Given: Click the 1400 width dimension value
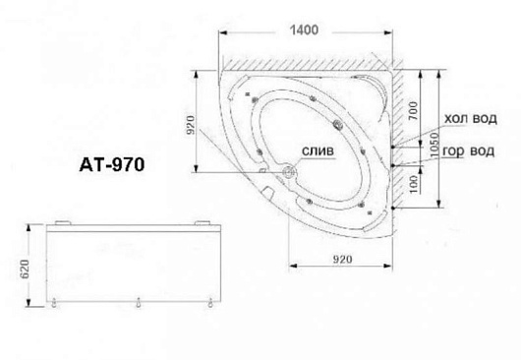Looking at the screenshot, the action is pyautogui.click(x=304, y=30).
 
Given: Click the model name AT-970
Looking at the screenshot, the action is pyautogui.click(x=112, y=164).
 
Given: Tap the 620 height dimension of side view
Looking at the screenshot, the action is pyautogui.click(x=26, y=269).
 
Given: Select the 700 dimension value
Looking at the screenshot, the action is pyautogui.click(x=412, y=111).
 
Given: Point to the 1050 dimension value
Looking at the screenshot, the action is pyautogui.click(x=434, y=145).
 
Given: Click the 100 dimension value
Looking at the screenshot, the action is pyautogui.click(x=412, y=185).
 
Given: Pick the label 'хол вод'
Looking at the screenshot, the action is pyautogui.click(x=471, y=119).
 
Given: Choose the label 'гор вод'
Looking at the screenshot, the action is pyautogui.click(x=469, y=151).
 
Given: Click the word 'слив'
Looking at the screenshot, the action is pyautogui.click(x=318, y=151).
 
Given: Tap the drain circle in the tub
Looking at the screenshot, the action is pyautogui.click(x=289, y=172).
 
